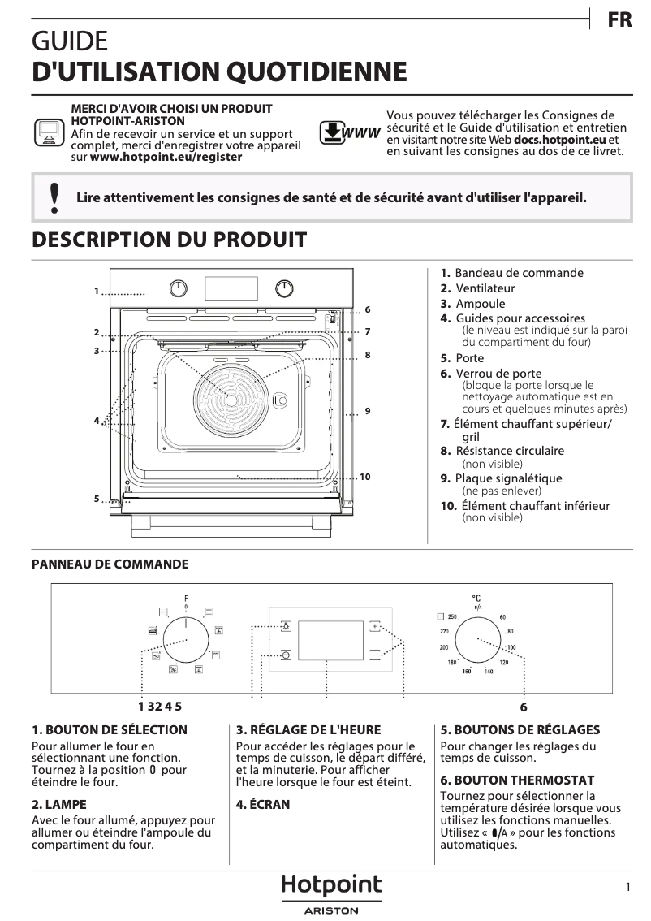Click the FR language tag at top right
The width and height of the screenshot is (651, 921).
tap(619, 20)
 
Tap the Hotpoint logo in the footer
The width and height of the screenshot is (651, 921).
tap(331, 886)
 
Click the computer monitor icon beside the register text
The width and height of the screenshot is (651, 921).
tap(49, 132)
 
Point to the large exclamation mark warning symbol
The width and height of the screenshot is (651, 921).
tap(54, 197)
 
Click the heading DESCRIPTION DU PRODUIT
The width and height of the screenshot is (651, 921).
tap(169, 240)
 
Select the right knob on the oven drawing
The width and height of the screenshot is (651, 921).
tap(284, 288)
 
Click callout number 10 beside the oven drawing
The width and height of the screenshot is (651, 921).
tap(365, 477)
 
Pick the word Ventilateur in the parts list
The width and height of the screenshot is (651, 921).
tap(485, 288)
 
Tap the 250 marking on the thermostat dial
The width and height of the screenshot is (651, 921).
tap(453, 617)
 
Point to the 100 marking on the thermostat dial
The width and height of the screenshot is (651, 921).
tap(511, 647)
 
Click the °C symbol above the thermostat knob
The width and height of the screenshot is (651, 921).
tap(477, 599)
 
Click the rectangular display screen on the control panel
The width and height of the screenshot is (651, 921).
tap(330, 641)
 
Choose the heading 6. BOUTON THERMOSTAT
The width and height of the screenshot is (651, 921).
tap(517, 780)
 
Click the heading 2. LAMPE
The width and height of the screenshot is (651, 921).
tap(58, 804)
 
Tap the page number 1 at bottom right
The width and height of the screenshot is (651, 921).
tap(628, 888)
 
